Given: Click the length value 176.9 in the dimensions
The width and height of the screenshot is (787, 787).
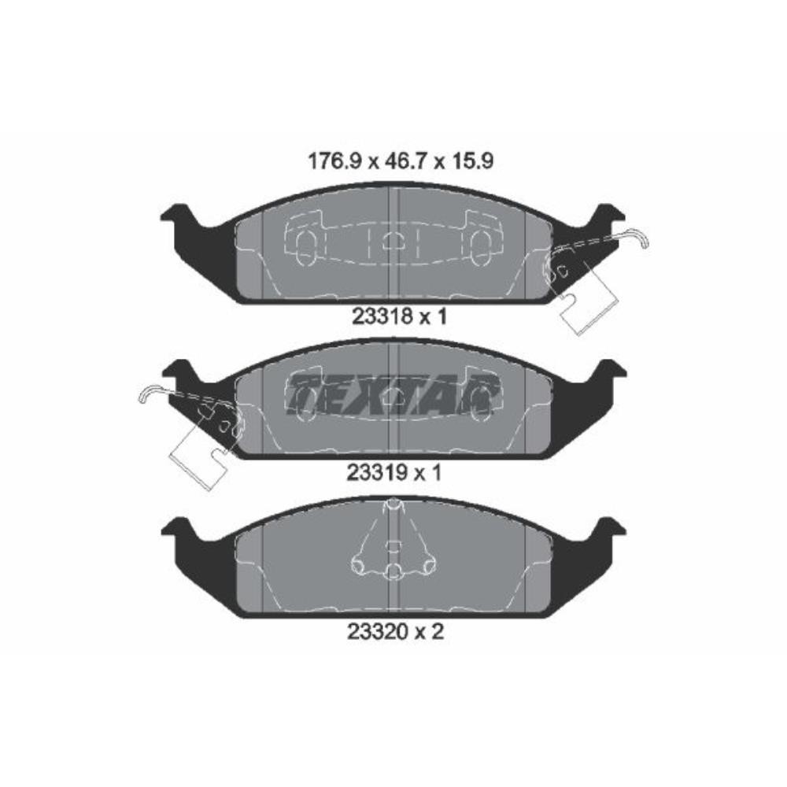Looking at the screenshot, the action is [x=334, y=161].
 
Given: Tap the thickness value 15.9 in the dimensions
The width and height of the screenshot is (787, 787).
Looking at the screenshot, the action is [x=472, y=161].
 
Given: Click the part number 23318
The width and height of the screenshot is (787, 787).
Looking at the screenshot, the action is [x=382, y=316].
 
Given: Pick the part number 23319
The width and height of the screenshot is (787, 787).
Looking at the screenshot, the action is [x=377, y=472].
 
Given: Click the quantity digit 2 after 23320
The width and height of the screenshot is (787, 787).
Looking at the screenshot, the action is [x=438, y=632].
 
